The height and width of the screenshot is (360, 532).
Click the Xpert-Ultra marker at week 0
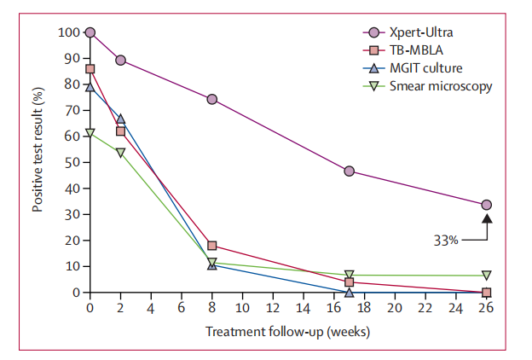click(x=90, y=32)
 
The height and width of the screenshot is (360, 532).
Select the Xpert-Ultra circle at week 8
click(x=211, y=99)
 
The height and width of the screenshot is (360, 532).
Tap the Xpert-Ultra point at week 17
click(x=349, y=171)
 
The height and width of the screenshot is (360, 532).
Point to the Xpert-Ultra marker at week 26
click(x=486, y=205)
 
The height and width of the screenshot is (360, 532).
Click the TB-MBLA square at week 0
click(x=90, y=69)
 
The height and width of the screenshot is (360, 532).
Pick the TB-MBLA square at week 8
click(x=211, y=246)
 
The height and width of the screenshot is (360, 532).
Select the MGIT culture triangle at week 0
click(x=90, y=86)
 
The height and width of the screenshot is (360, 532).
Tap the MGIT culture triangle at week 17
click(x=349, y=292)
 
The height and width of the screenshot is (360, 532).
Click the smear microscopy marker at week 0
click(x=90, y=133)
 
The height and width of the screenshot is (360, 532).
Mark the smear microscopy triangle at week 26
click(x=486, y=276)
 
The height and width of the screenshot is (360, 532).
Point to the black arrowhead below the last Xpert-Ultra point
click(x=486, y=219)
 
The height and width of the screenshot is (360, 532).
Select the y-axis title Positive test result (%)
click(x=38, y=163)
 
